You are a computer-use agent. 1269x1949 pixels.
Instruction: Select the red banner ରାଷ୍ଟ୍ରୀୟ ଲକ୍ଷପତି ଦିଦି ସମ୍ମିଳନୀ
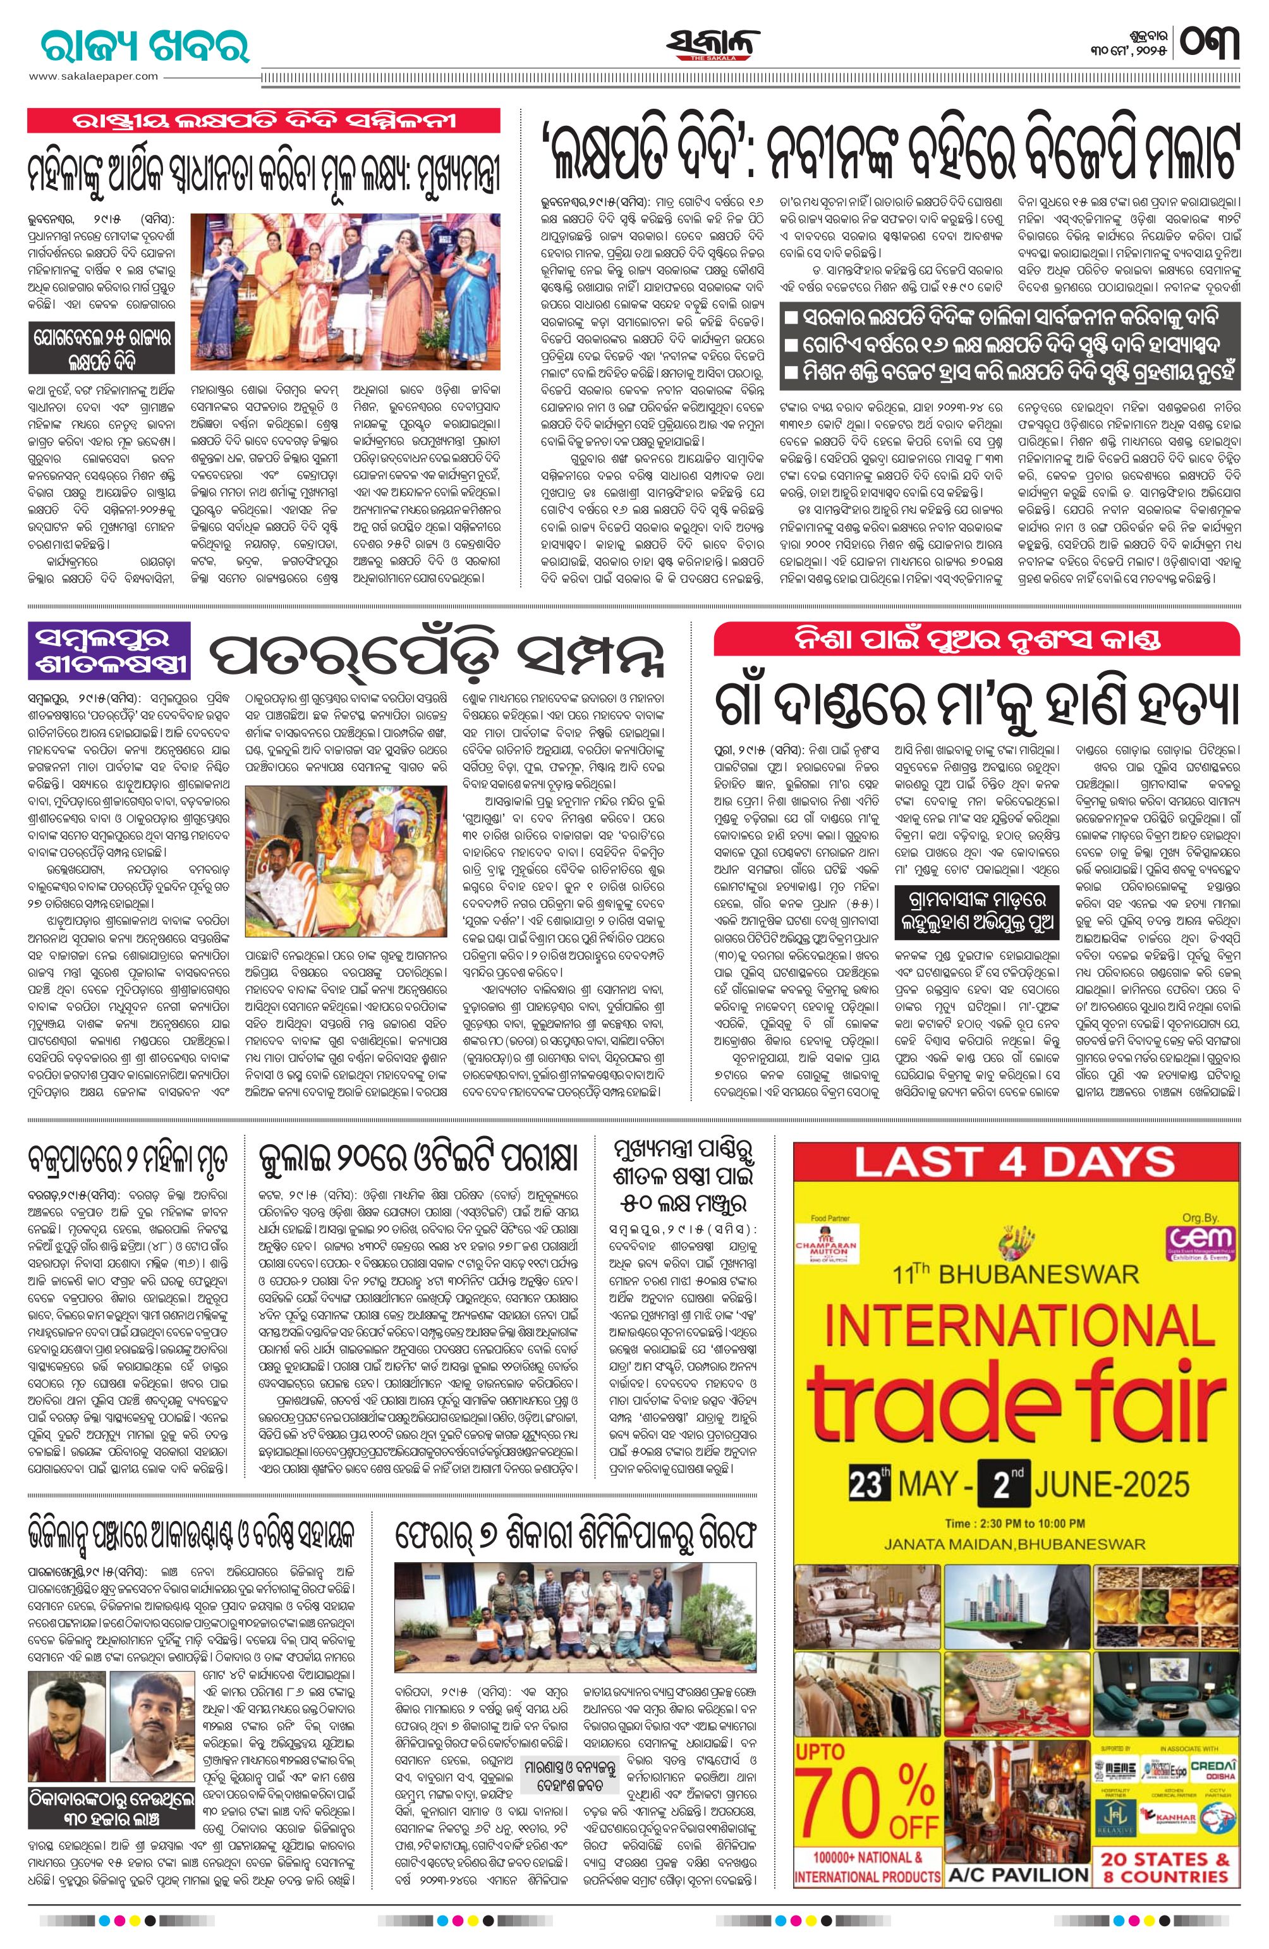(x=264, y=121)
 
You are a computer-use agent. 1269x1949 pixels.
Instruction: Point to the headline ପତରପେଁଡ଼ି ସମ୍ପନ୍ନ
(x=435, y=654)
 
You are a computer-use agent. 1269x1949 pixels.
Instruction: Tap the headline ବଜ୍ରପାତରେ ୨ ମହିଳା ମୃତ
(x=127, y=1159)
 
